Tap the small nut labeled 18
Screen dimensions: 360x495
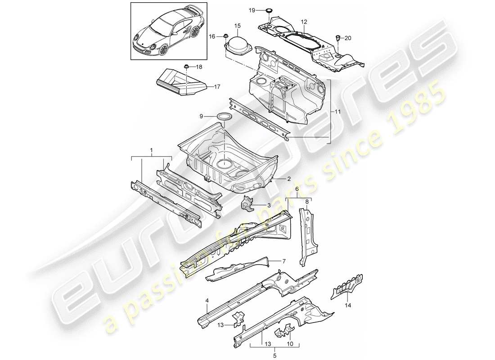click(x=186, y=67)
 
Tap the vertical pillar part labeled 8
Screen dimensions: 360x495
click(x=306, y=234)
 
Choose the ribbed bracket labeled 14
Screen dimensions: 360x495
click(x=347, y=286)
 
